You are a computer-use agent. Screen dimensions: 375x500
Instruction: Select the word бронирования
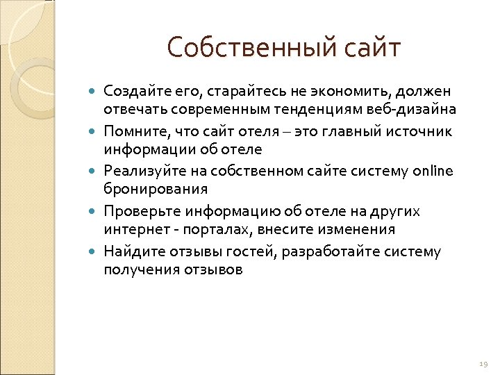(x=156, y=190)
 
